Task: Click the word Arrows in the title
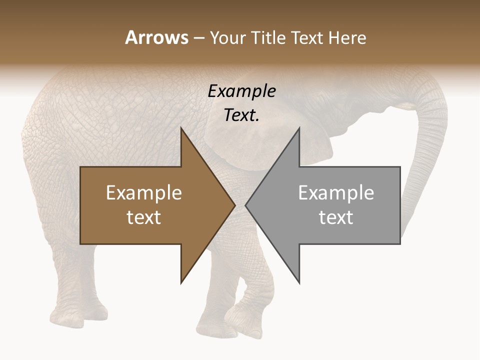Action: coord(156,37)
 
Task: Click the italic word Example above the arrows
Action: coord(242,91)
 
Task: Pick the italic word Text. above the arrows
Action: coord(242,115)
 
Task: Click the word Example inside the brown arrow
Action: coord(144,193)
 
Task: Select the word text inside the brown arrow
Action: coord(144,217)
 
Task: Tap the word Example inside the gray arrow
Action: coord(336,193)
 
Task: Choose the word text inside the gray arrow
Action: coord(336,217)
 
